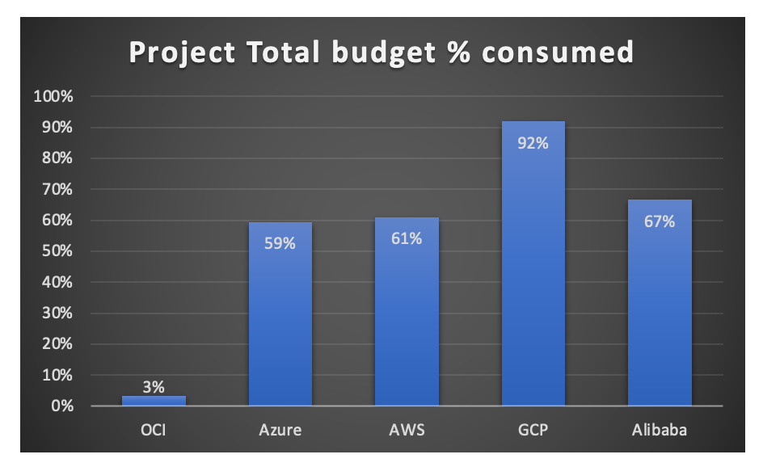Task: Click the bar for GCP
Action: pyautogui.click(x=533, y=267)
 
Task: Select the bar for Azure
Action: pyautogui.click(x=280, y=315)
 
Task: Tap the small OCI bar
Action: pyautogui.click(x=154, y=401)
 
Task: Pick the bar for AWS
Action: pyautogui.click(x=407, y=315)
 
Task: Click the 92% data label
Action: pyautogui.click(x=533, y=143)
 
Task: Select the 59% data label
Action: pyautogui.click(x=280, y=243)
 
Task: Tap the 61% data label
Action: pyautogui.click(x=407, y=238)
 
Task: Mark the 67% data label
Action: pyautogui.click(x=660, y=221)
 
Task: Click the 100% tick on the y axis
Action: pyautogui.click(x=53, y=97)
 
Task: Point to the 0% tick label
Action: pyautogui.click(x=61, y=406)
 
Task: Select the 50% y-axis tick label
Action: pyautogui.click(x=56, y=251)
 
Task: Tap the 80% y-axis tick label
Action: pyautogui.click(x=56, y=158)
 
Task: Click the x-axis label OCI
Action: pyautogui.click(x=154, y=430)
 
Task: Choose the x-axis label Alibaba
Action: pyautogui.click(x=660, y=430)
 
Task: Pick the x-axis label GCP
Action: pyautogui.click(x=533, y=430)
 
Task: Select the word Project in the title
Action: pyautogui.click(x=178, y=53)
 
